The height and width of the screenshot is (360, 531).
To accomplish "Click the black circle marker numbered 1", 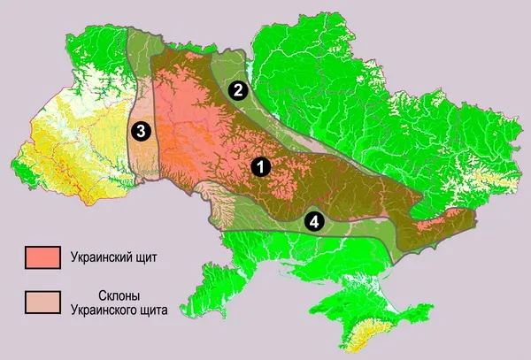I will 259,165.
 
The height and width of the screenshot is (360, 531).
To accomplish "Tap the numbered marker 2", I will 236,89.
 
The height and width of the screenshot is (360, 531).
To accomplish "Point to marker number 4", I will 313,220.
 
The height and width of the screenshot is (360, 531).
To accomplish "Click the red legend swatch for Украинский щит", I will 42,257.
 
